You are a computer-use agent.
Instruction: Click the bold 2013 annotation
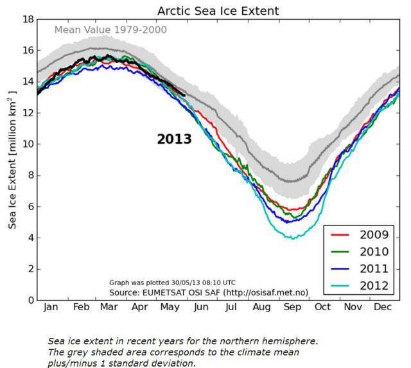click(174, 139)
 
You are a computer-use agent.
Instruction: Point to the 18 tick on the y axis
click(28, 19)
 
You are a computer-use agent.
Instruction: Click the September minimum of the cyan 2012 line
click(293, 238)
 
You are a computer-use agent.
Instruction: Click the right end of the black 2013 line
click(184, 96)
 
